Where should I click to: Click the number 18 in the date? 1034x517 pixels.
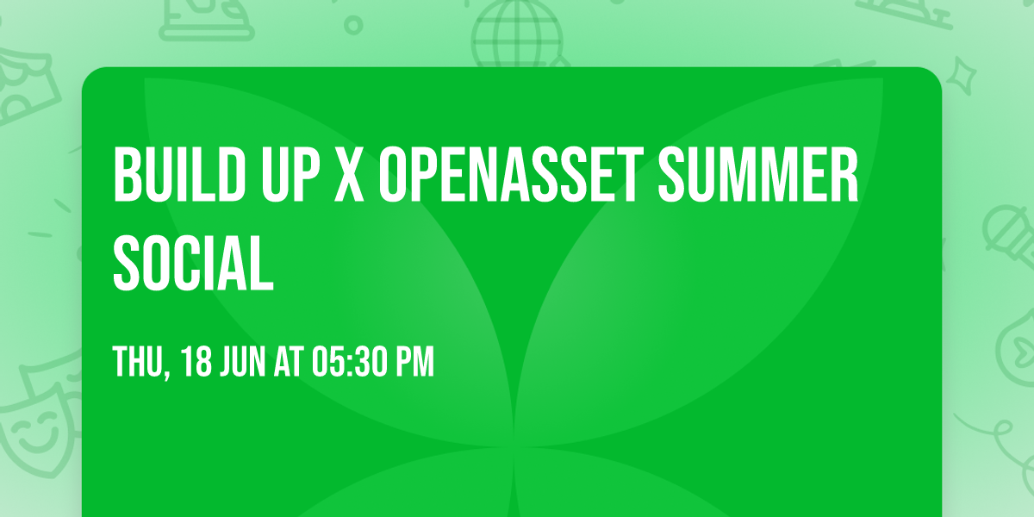pos(197,363)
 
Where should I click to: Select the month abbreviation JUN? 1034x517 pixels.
pos(246,363)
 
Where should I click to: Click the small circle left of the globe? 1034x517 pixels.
pos(353,25)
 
